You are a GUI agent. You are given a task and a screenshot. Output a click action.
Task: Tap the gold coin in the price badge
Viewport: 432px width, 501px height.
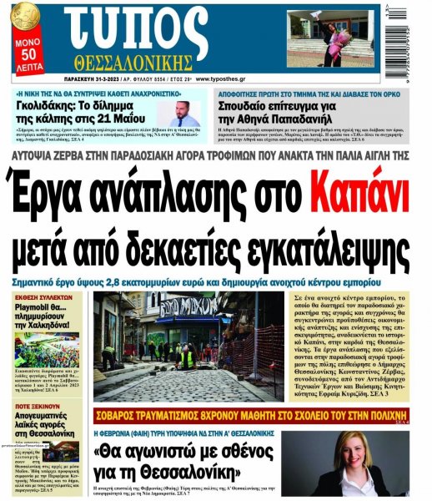(x=24, y=14)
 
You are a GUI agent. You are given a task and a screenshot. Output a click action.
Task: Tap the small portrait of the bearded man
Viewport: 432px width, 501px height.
(x=186, y=114)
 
